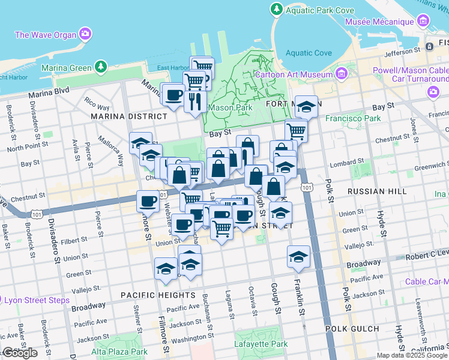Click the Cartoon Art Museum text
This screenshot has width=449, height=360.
click(294, 75)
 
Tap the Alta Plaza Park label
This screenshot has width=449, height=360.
click(119, 352)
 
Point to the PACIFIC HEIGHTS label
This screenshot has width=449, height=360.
click(157, 295)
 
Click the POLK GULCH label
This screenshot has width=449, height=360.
click(352, 329)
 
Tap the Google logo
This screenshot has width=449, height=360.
click(20, 353)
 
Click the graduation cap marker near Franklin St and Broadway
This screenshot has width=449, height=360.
click(298, 256)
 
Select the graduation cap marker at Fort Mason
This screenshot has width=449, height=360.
click(307, 106)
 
